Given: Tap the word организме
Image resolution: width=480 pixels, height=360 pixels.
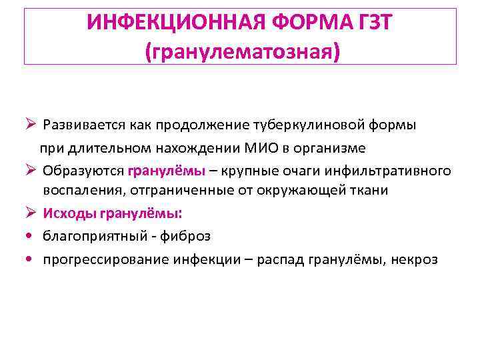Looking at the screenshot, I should pyautogui.click(x=319, y=147).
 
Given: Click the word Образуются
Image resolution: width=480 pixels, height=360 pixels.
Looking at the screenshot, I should pyautogui.click(x=83, y=170).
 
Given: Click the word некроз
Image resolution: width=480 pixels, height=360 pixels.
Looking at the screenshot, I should pyautogui.click(x=415, y=259).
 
